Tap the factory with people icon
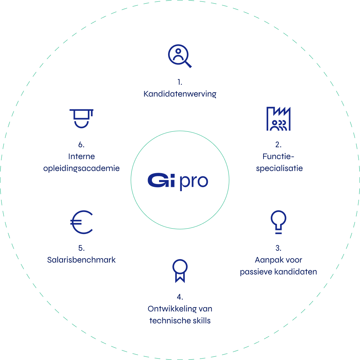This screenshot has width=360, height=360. pyautogui.click(x=278, y=119)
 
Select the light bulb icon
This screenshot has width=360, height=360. pyautogui.click(x=278, y=222)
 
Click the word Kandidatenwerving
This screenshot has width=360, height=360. pyautogui.click(x=180, y=94)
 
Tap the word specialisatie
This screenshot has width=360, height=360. pyautogui.click(x=279, y=168)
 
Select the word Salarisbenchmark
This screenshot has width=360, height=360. pyautogui.click(x=81, y=260)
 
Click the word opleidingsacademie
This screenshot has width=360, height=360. pyautogui.click(x=81, y=168)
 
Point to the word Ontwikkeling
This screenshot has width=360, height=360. pyautogui.click(x=172, y=309)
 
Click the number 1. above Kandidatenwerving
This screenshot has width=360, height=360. pyautogui.click(x=180, y=82)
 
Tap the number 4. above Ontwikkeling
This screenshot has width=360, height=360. pyautogui.click(x=180, y=297)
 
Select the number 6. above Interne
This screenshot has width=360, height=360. pyautogui.click(x=81, y=145)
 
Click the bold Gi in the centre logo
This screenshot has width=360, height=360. pyautogui.click(x=161, y=180)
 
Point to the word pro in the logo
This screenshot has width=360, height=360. pyautogui.click(x=194, y=182)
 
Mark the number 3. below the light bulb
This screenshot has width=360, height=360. pyautogui.click(x=278, y=248)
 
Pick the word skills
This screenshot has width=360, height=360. pyautogui.click(x=202, y=320)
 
